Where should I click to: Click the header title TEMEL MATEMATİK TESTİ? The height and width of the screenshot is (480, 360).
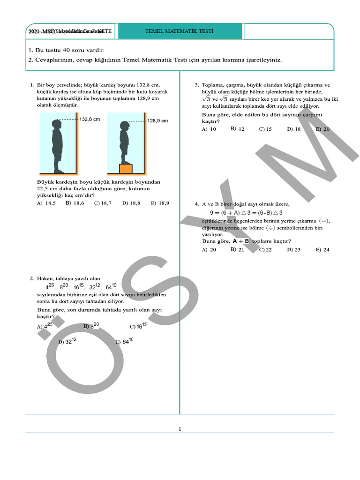pos(180,31)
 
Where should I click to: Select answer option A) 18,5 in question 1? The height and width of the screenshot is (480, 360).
pos(46,203)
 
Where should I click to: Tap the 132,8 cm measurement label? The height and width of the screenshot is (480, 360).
pos(90,120)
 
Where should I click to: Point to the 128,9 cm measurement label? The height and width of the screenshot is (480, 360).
pos(157,120)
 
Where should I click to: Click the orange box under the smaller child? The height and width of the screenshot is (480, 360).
pos(126,168)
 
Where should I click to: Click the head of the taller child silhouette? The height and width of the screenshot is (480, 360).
pos(57,126)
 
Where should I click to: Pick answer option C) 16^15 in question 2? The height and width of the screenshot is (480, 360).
pos(138,326)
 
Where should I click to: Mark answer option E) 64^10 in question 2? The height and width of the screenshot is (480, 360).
pos(124,342)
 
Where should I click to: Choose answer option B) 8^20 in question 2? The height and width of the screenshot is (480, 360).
pos(91,326)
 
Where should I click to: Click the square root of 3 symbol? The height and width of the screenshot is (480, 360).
pos(206,99)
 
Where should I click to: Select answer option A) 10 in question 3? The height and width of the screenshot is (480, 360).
pos(209,129)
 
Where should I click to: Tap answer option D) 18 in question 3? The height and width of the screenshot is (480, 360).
pos(294,129)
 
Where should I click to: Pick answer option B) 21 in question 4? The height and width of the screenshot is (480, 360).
pos(237,250)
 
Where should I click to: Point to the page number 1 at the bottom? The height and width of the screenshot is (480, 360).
pos(180,428)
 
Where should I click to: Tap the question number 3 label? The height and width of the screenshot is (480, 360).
pos(197,85)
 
